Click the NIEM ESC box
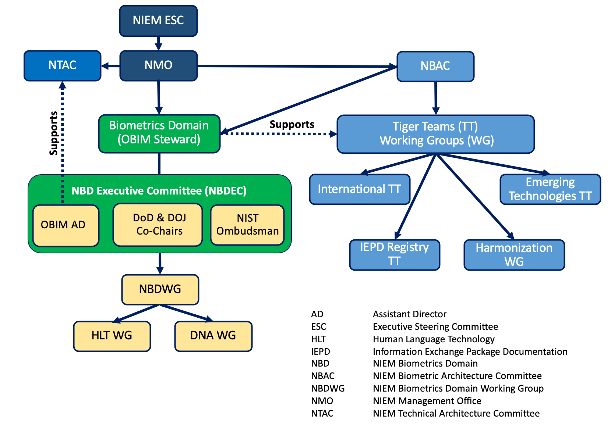(159, 21)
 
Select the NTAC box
(63, 66)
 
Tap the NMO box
(159, 66)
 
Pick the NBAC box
(435, 67)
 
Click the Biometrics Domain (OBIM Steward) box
(159, 134)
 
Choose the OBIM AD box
(66, 226)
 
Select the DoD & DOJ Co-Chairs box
(158, 225)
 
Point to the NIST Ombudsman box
(247, 225)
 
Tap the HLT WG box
(112, 336)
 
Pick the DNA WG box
(213, 336)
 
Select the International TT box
(360, 189)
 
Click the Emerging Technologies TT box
(550, 189)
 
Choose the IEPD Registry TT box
(395, 255)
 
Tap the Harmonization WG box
(515, 255)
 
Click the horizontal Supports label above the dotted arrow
(292, 124)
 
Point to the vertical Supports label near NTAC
(53, 133)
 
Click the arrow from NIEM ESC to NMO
(159, 43)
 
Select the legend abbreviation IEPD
(321, 351)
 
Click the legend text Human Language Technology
(434, 339)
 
